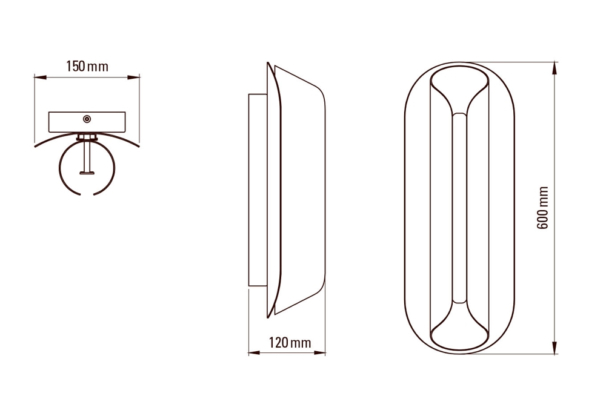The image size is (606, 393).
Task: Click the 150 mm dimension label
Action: click(87, 67)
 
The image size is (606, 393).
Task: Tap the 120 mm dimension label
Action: click(290, 342)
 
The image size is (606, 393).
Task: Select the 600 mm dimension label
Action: click(542, 208)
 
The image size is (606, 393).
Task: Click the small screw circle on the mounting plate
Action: click(87, 119)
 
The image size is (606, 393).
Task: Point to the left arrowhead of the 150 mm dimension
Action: click(40, 78)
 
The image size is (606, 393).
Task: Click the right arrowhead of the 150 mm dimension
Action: click(134, 78)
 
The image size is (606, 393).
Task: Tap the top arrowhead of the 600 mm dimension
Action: click(555, 68)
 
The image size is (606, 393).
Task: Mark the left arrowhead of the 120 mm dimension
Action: click(254, 352)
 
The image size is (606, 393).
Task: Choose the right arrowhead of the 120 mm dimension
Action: click(319, 352)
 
